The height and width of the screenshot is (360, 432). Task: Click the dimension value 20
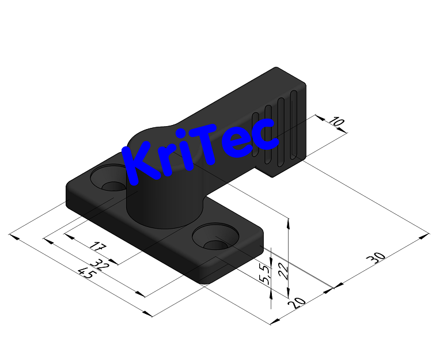pos(298,301)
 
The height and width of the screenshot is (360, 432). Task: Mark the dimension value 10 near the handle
pos(336,123)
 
